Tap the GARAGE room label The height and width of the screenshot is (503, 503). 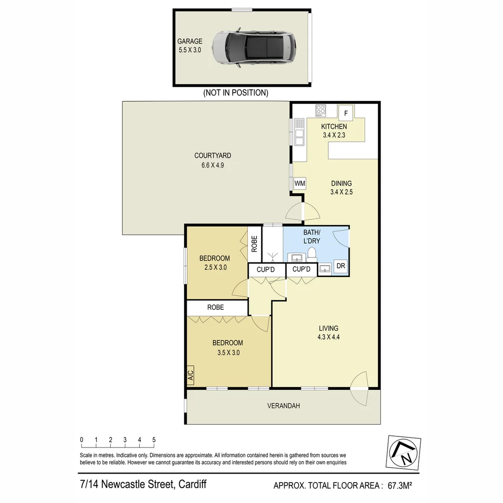[x=190, y=41]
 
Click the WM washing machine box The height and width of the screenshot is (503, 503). [x=300, y=184]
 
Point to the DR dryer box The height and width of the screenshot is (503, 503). [x=341, y=266]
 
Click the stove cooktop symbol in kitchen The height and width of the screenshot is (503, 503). [x=320, y=110]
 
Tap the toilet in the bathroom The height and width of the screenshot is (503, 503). [x=312, y=254]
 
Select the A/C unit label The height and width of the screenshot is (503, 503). [x=190, y=375]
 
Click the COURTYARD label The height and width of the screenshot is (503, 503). [x=212, y=156]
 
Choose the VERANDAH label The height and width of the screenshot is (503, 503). [x=283, y=406]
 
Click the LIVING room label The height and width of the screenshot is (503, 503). [x=328, y=328]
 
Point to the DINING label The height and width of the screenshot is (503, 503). [x=341, y=183]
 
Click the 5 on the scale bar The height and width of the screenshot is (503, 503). [x=154, y=440]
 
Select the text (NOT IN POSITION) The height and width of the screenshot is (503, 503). [x=236, y=93]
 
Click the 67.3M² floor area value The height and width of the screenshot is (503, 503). [x=397, y=486]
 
